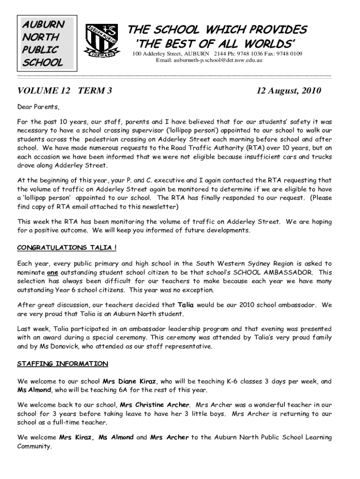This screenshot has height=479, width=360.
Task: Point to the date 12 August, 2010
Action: [x=288, y=91]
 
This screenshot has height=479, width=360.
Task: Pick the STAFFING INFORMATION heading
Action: [x=63, y=363]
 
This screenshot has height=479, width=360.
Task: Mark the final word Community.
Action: [x=34, y=446]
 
